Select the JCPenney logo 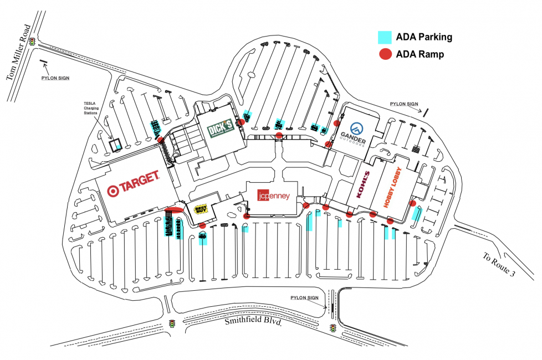(x=273, y=196)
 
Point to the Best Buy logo (x=201, y=209)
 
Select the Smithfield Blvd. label (x=254, y=321)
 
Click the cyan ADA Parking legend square (x=385, y=37)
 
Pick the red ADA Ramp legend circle (x=385, y=54)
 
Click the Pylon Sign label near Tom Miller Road (x=55, y=78)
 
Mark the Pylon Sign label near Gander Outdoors (x=403, y=104)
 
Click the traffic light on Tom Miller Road (x=33, y=42)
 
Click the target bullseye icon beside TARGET (x=113, y=191)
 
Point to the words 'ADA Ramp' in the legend (x=420, y=54)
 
